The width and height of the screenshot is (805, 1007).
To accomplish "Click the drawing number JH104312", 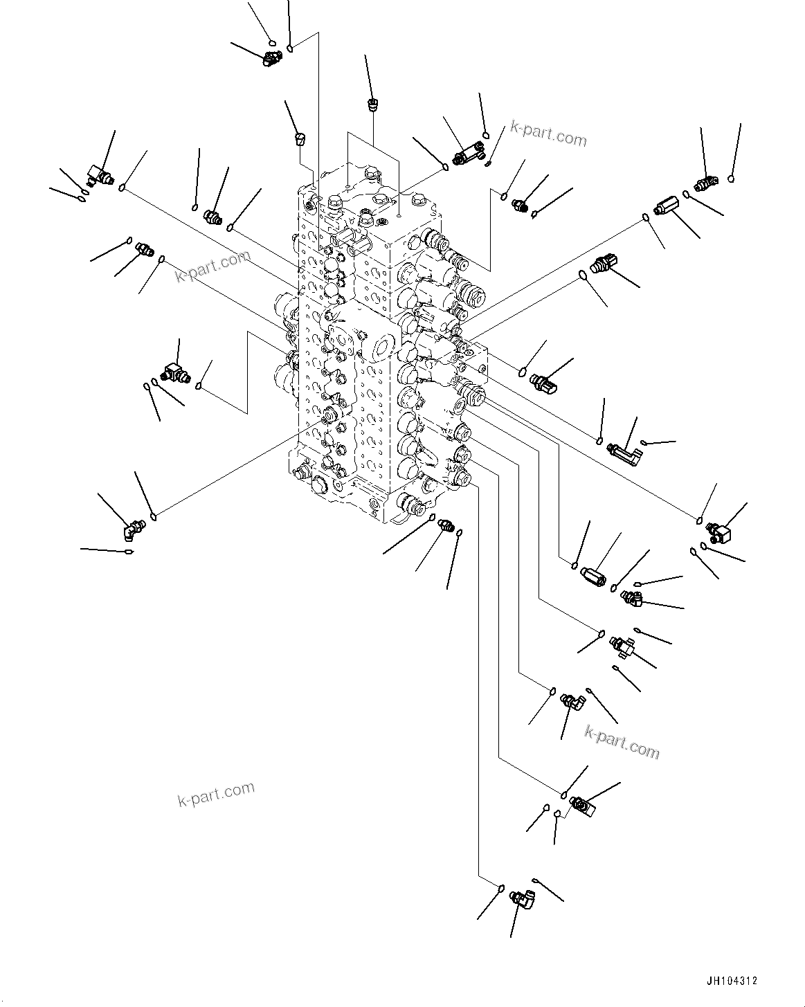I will (732, 981).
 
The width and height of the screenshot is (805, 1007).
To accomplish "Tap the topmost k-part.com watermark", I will (548, 134).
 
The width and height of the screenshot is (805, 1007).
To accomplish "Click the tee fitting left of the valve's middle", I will (175, 374).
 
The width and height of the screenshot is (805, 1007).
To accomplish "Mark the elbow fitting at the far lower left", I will (131, 530).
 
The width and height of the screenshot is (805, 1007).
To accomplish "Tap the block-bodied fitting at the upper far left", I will (98, 174).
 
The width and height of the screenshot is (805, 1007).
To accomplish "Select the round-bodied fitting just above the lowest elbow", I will (580, 805).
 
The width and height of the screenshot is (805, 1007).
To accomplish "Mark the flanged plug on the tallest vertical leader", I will (372, 106).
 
